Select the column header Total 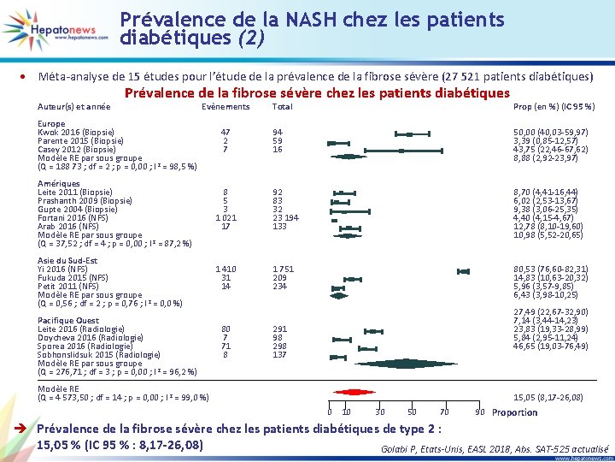point(282,107)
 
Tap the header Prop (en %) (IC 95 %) point(553,107)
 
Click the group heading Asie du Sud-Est point(68,261)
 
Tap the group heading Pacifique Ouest point(69,321)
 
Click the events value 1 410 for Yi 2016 point(225,269)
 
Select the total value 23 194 point(284,218)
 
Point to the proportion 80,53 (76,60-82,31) point(550,269)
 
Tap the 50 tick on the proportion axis point(412,412)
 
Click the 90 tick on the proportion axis point(480,412)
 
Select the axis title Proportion point(515,412)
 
